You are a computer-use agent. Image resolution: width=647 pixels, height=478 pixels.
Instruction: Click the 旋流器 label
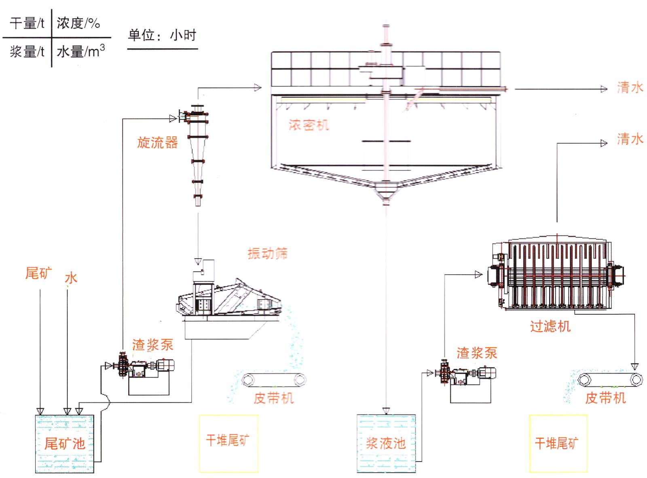coord(157,142)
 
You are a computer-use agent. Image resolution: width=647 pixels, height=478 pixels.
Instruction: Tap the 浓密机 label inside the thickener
coord(309,125)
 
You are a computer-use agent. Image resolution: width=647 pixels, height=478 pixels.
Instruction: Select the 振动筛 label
coord(267,254)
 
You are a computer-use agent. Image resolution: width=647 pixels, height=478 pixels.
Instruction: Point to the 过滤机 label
coord(550,326)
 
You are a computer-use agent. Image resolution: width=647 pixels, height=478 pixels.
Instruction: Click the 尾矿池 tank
coord(64,444)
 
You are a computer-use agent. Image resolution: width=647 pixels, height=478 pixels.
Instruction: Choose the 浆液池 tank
coord(386,444)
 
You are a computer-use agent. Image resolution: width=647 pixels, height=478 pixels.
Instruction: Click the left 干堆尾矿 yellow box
coord(228,444)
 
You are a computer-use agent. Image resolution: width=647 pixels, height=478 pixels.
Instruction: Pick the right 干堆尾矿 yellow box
coord(558,444)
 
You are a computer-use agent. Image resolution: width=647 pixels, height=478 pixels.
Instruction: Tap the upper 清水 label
coord(630,87)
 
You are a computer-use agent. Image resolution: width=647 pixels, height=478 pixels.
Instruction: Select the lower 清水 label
coord(630,139)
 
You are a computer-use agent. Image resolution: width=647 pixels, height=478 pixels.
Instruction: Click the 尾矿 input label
coord(38,274)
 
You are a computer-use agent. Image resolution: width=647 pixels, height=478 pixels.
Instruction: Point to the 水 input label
coord(71,278)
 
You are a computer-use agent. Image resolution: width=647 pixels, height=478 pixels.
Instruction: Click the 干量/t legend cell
coord(27,23)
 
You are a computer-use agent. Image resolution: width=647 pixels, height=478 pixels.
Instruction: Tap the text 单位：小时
coord(162,36)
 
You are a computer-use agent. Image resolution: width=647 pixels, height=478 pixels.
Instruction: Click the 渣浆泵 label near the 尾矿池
coord(152,345)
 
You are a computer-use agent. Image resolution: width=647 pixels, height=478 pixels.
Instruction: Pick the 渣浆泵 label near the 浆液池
coord(477,353)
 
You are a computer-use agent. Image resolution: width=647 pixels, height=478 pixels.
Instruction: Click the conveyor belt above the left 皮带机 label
coord(273,380)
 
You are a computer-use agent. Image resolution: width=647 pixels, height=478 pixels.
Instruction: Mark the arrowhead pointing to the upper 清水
coord(604,89)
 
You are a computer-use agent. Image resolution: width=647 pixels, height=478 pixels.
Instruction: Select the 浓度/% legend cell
coord(78,23)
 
